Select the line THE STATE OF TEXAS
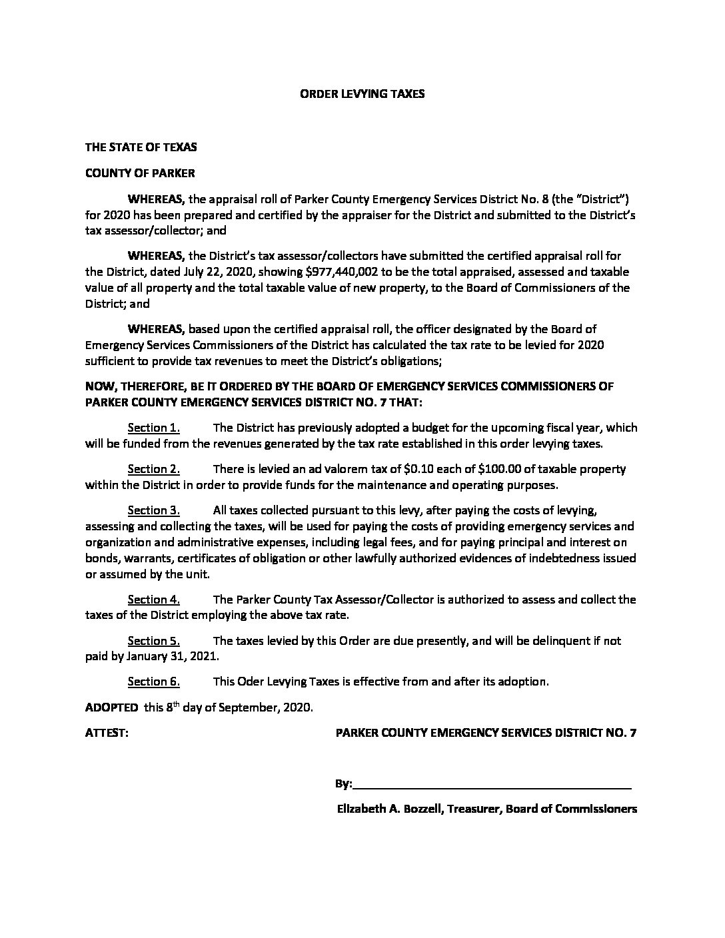click(x=141, y=147)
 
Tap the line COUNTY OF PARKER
click(x=140, y=173)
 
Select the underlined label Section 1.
click(x=153, y=428)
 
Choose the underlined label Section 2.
click(x=153, y=469)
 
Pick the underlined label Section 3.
click(x=153, y=510)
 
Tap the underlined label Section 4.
click(x=153, y=600)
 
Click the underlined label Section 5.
click(x=153, y=641)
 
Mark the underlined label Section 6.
click(x=153, y=682)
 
